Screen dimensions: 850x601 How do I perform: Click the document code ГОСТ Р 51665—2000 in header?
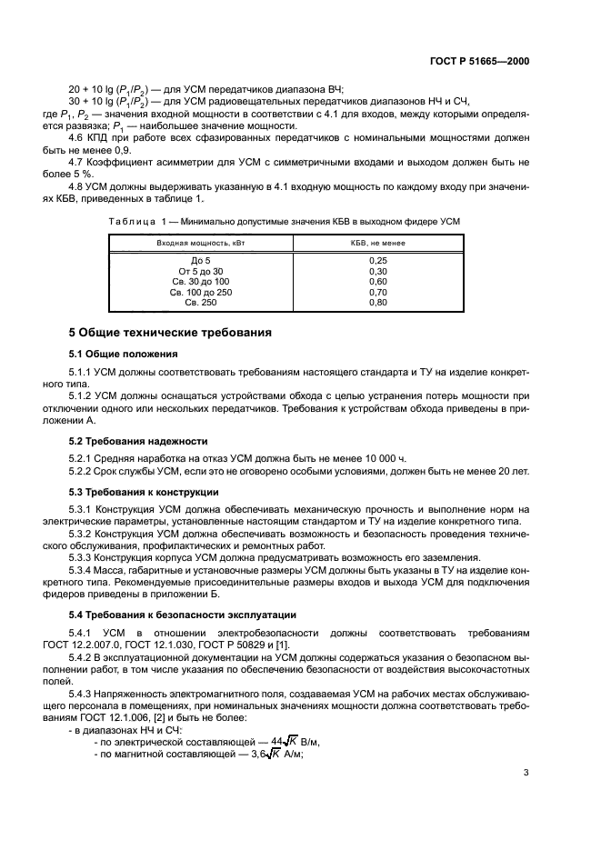point(479,62)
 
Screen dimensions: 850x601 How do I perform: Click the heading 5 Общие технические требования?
point(170,333)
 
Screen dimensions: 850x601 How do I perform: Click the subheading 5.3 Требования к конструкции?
point(137,493)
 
